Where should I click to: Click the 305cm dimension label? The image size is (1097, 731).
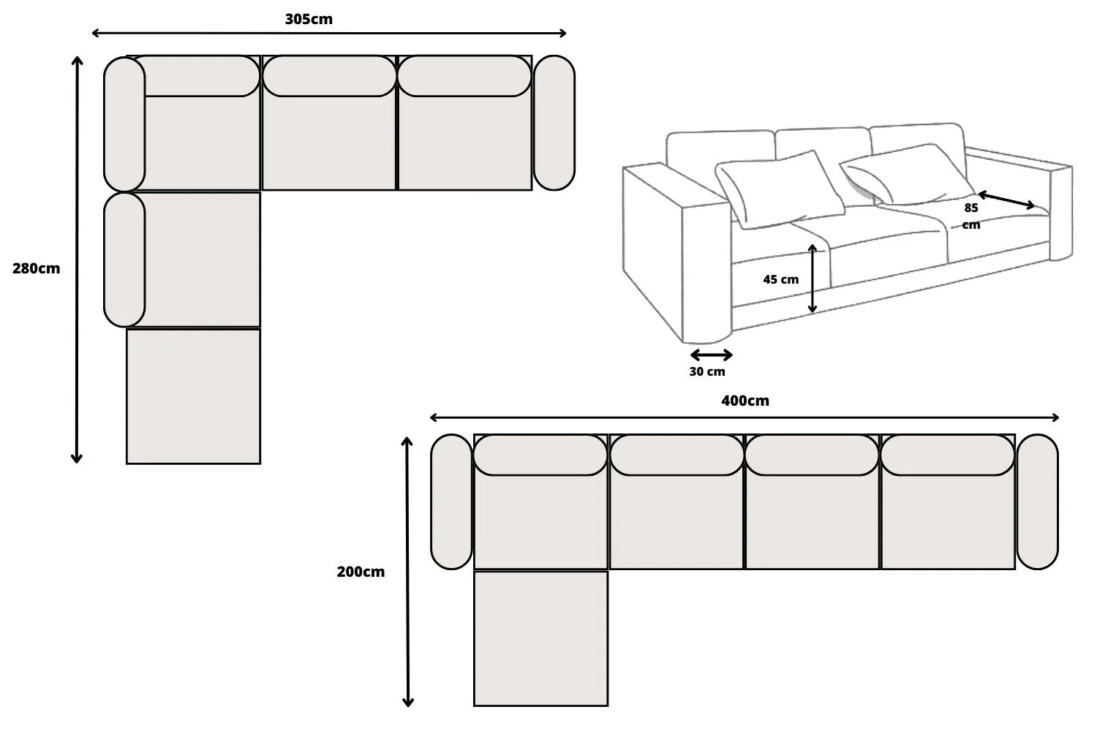[x=309, y=19]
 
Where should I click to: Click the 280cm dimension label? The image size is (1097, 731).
[x=36, y=268]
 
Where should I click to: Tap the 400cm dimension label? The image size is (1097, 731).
[x=744, y=401]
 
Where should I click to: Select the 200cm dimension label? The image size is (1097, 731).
[x=361, y=572]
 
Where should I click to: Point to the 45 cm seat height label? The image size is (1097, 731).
[x=780, y=279]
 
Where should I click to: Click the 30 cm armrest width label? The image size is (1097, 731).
[x=707, y=371]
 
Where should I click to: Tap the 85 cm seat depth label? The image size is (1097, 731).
[x=970, y=216]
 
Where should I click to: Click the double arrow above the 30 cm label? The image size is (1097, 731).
[x=711, y=355]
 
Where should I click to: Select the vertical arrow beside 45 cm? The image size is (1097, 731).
[x=813, y=279]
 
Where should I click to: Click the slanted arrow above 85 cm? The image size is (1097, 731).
[x=1006, y=200]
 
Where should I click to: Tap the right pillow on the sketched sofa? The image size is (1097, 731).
[x=907, y=175]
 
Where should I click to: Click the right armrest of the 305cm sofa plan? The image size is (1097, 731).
[x=554, y=123]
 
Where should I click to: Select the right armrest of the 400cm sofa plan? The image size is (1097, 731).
[x=1036, y=501]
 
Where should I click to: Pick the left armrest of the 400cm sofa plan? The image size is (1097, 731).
[x=451, y=501]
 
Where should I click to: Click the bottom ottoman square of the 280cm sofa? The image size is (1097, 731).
[x=193, y=396]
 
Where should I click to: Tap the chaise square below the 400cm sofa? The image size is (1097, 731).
[x=540, y=638]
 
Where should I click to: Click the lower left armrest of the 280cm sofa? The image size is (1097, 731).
[x=124, y=260]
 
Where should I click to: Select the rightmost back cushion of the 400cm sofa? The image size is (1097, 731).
[x=947, y=455]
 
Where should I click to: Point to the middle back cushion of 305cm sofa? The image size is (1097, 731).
[x=329, y=76]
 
